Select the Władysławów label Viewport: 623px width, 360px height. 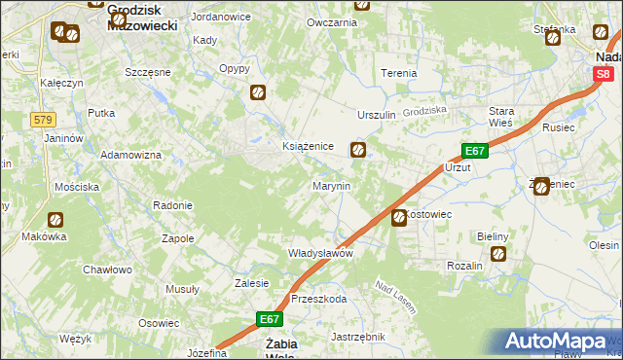319,253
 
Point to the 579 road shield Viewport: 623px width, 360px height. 42,119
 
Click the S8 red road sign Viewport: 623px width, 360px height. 604,73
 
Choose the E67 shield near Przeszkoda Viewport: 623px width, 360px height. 272,318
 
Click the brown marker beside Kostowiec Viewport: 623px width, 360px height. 399,219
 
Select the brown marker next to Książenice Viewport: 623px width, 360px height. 358,150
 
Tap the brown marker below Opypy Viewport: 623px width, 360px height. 259,92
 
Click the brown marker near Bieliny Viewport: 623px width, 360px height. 498,255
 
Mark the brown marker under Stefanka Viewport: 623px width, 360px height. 553,39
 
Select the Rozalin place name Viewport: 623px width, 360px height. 465,266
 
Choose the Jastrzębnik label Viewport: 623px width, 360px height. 358,337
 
